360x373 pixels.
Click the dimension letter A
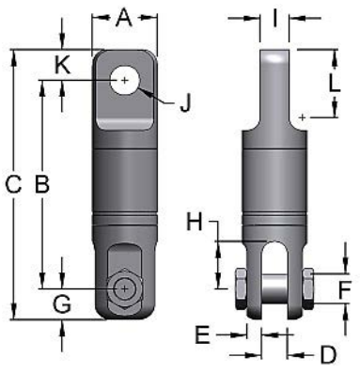point(124,17)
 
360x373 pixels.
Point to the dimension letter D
point(327,354)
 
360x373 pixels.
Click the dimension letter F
point(346,288)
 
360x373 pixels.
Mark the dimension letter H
point(195,223)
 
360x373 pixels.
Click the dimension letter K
point(62,66)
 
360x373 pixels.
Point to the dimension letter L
point(335,83)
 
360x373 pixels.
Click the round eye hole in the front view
point(124,81)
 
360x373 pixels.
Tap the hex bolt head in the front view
point(124,288)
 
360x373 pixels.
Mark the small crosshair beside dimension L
point(301,116)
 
